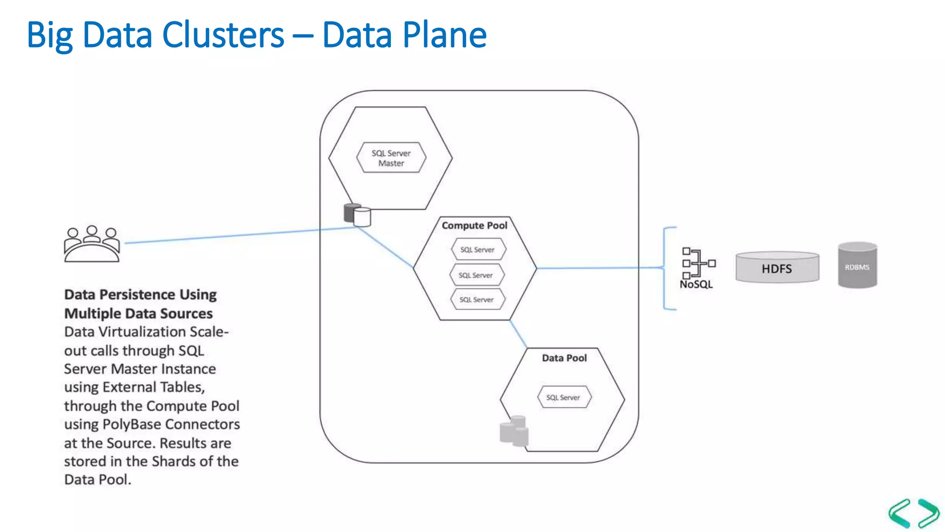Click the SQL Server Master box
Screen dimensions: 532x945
coord(391,158)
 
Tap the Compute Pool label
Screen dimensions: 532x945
coord(474,225)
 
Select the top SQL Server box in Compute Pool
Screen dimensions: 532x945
coord(478,249)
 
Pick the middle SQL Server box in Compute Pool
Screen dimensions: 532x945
coord(476,275)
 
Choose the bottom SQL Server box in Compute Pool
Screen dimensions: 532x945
coord(477,299)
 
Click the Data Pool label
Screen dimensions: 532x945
coord(564,358)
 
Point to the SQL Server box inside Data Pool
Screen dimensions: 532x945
coord(563,397)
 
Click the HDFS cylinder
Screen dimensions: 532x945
coord(777,268)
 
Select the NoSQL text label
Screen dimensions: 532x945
coord(696,284)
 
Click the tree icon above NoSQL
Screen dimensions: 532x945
coord(698,263)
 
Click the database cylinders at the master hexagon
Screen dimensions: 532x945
coord(357,215)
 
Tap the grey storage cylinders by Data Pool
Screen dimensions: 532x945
coord(514,431)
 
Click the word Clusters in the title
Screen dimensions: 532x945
coord(223,35)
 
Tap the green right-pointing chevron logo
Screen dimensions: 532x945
coord(927,513)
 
